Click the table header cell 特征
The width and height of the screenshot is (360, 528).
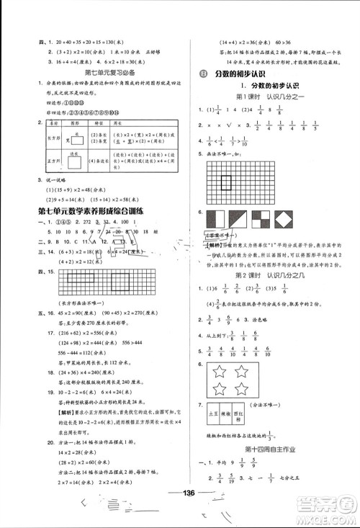(98, 125)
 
